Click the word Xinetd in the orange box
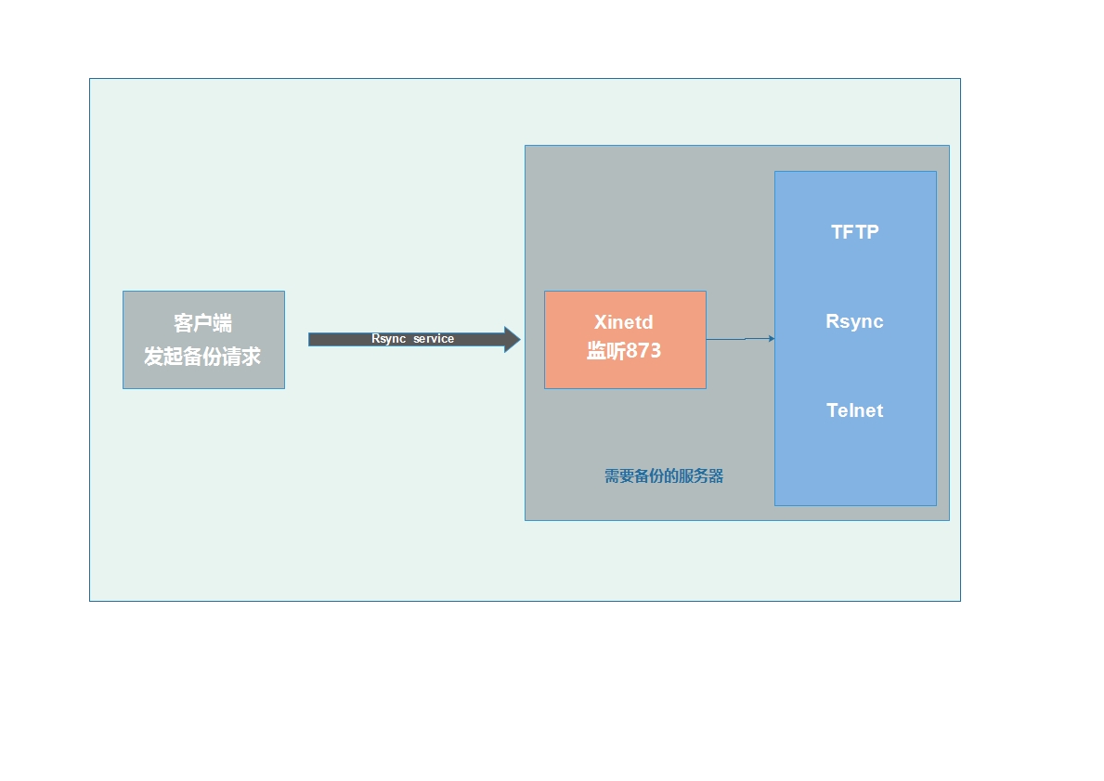click(624, 322)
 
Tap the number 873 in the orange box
click(644, 351)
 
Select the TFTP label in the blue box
click(854, 232)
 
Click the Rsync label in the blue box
click(854, 321)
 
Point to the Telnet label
click(854, 410)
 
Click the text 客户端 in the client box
click(202, 323)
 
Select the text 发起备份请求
click(202, 357)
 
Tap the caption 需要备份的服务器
click(663, 476)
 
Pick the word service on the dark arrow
click(434, 339)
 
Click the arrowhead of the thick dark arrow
click(512, 339)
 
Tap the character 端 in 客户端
click(222, 323)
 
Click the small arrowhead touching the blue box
click(772, 339)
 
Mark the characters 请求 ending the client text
click(241, 357)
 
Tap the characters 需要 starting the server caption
click(618, 476)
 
